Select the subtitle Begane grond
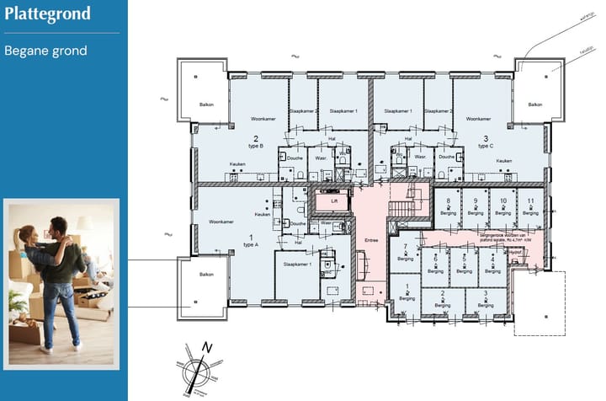click(x=45, y=51)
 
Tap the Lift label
click(x=334, y=202)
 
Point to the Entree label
click(x=372, y=240)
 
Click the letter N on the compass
click(x=208, y=347)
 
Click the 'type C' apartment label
click(x=484, y=146)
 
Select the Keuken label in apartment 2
click(x=237, y=163)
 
